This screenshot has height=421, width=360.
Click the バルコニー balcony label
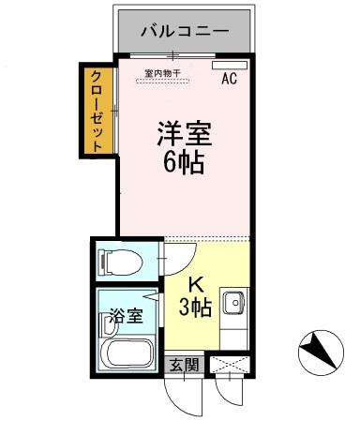tap(184, 31)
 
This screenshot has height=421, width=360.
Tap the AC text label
tap(229, 80)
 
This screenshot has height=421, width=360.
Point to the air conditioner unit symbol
tap(226, 67)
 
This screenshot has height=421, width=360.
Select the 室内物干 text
tap(163, 72)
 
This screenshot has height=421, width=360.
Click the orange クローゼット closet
tap(97, 110)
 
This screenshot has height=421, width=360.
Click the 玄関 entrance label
tap(184, 364)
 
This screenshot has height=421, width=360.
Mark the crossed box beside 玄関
tap(230, 364)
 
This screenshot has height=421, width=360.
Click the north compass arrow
tap(321, 353)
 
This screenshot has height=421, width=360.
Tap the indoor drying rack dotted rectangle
tap(163, 81)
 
